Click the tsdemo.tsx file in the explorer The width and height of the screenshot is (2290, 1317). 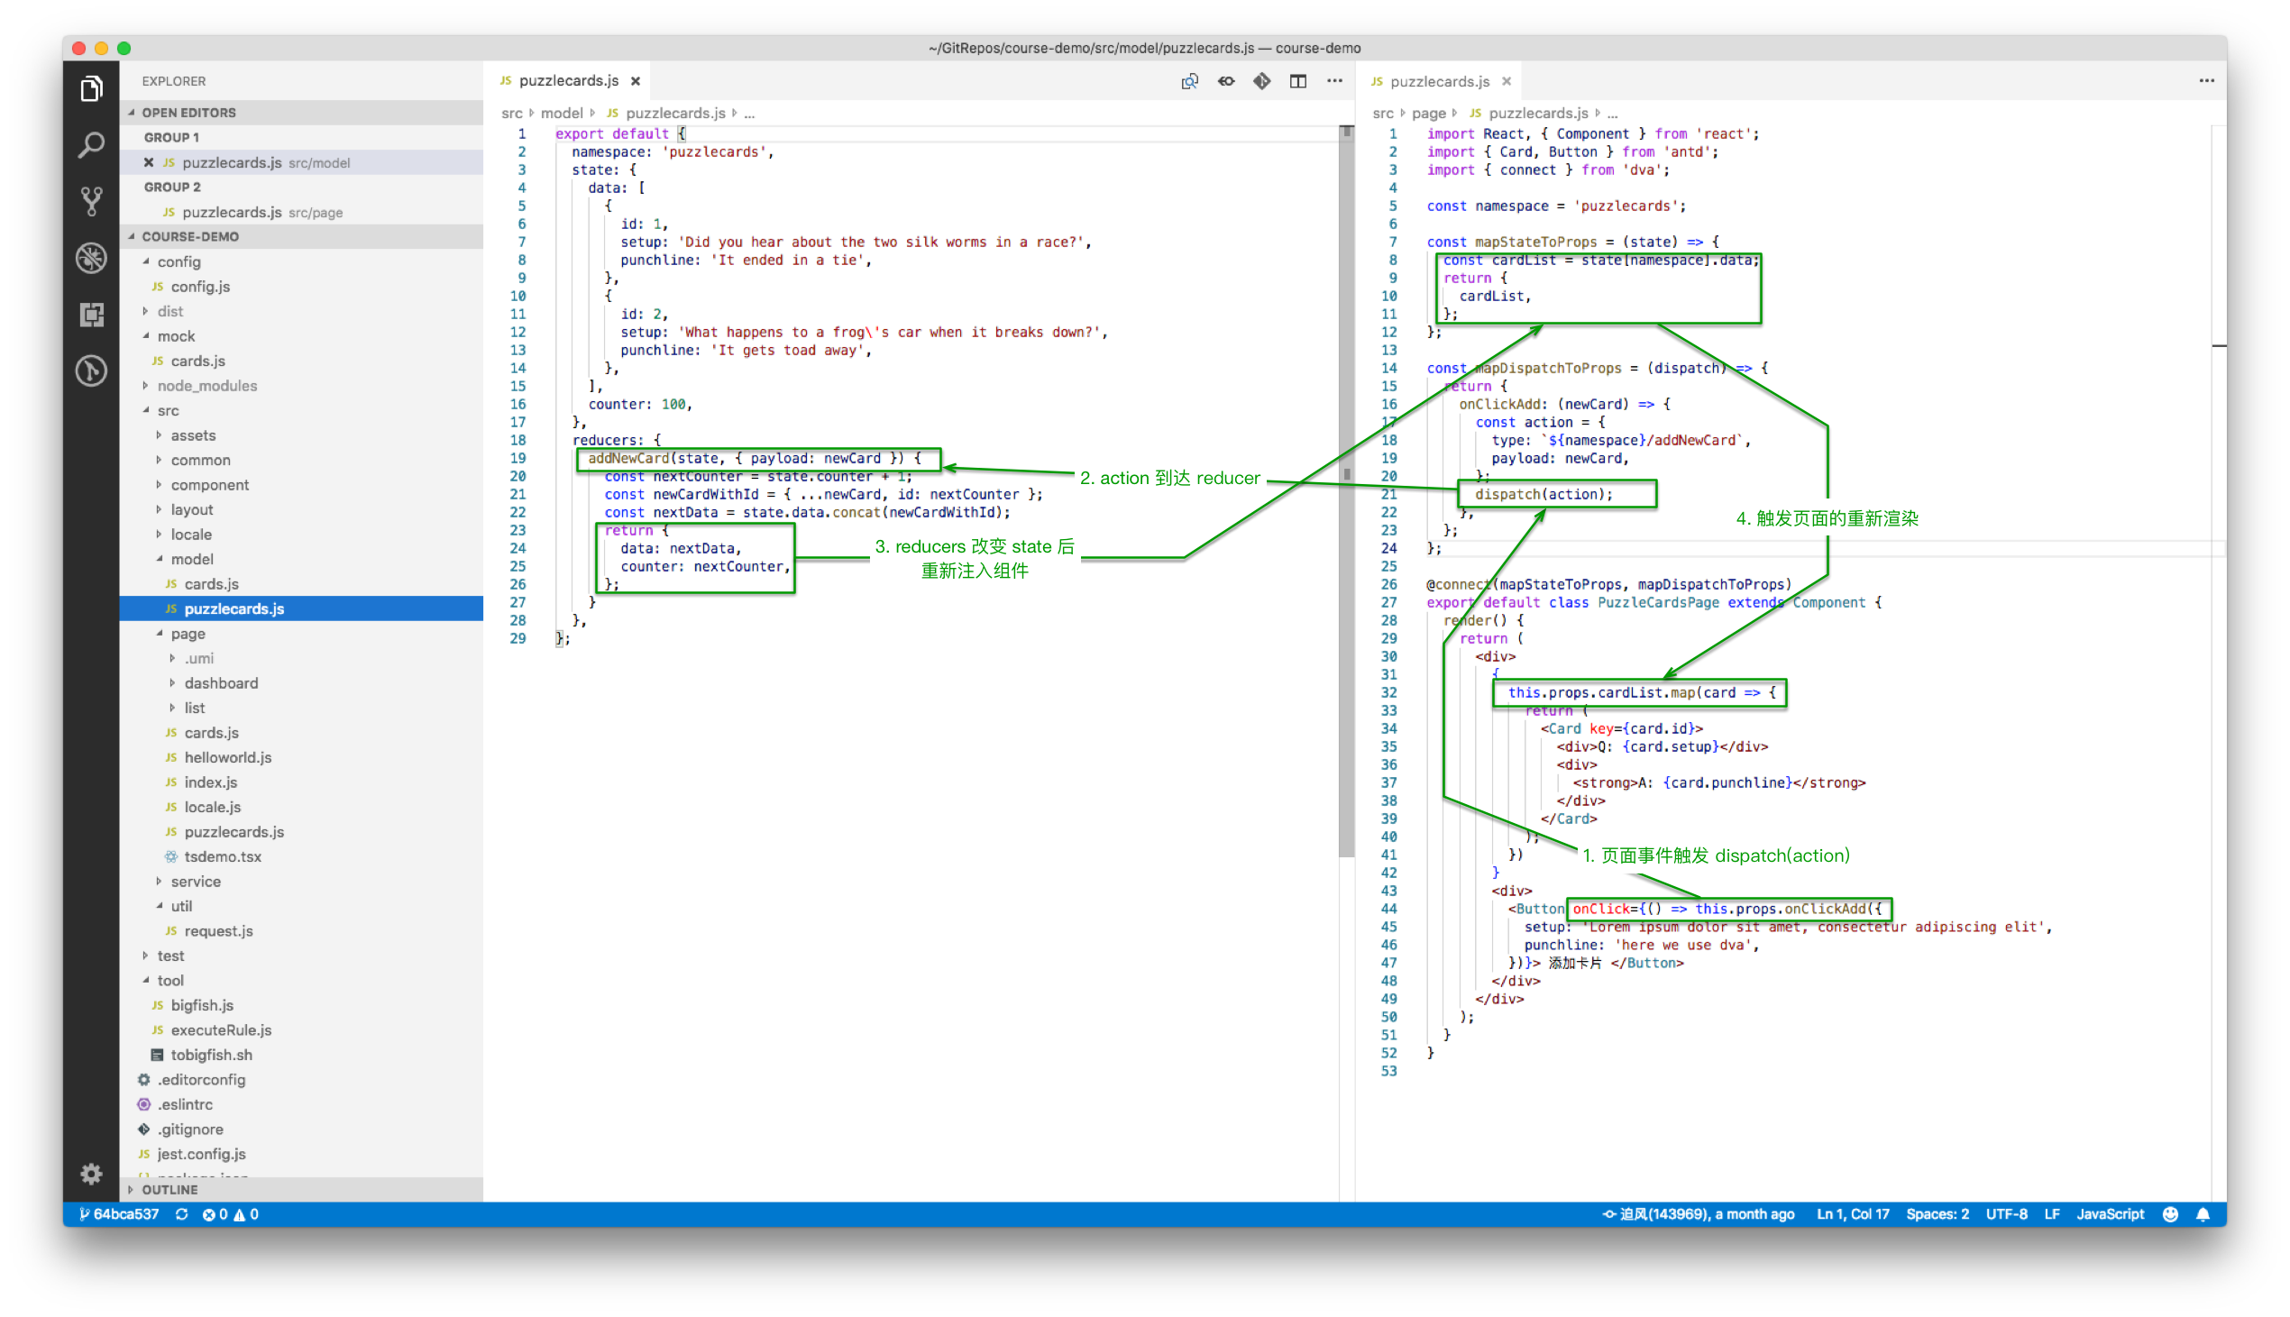pos(223,856)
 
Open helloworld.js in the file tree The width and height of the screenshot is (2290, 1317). pos(228,757)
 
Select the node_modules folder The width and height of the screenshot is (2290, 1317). pos(207,385)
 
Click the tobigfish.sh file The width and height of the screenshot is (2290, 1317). pos(212,1055)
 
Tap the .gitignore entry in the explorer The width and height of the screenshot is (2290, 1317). pos(190,1129)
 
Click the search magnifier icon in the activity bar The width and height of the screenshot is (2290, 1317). pos(91,145)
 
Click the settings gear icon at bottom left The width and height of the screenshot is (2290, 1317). pos(91,1173)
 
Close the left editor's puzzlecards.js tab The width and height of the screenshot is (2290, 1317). pos(636,81)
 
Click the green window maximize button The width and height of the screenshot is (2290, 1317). pos(124,48)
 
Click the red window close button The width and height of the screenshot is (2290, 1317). pos(78,48)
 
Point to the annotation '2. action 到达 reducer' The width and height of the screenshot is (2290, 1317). pos(1169,478)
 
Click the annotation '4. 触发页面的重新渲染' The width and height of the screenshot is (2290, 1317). pos(1827,518)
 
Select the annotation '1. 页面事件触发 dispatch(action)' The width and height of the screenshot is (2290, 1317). pos(1716,855)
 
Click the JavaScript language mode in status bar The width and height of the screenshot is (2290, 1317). pos(2109,1214)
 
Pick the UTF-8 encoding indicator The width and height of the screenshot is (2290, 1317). pos(2006,1214)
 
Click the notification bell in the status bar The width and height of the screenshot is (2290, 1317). pos(2204,1214)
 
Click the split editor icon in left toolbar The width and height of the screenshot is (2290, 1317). pos(1298,81)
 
